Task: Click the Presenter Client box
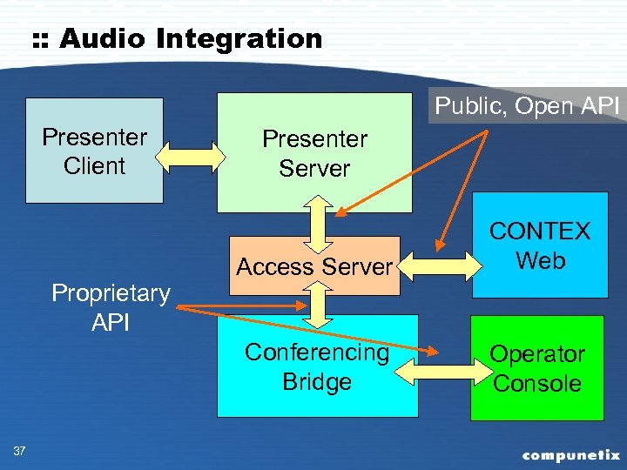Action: click(x=94, y=151)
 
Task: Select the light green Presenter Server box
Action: click(x=313, y=153)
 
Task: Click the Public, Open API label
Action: click(x=527, y=106)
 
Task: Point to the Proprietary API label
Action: click(x=111, y=306)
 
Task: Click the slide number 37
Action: click(x=19, y=450)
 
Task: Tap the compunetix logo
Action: click(x=570, y=454)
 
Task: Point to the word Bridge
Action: click(x=317, y=382)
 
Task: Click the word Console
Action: click(x=536, y=384)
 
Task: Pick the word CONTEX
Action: click(x=540, y=232)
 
